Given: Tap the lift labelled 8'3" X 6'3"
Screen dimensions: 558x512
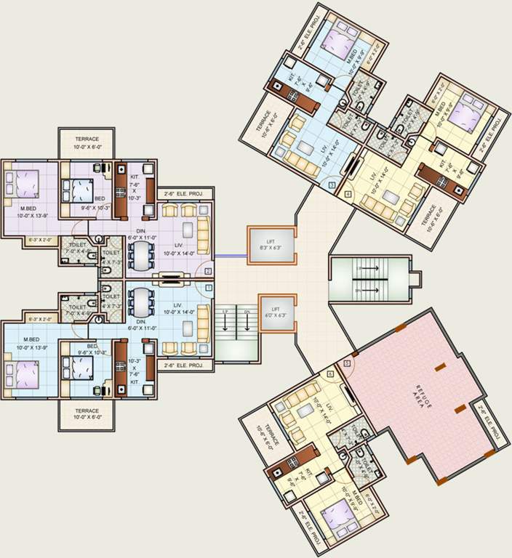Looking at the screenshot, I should pos(271,245).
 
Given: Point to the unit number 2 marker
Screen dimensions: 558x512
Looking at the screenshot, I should pos(208,271).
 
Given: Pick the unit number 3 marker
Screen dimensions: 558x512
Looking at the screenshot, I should pos(332,186).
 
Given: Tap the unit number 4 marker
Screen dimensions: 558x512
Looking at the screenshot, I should pos(348,195).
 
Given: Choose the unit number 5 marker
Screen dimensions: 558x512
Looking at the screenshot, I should pos(347,363).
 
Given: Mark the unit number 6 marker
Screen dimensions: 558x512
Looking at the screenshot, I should pos(331,373).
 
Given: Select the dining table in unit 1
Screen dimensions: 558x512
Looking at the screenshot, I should pos(140,304).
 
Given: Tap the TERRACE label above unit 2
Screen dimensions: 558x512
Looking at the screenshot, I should pos(87,142).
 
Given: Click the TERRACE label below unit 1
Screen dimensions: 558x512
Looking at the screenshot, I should pos(87,413).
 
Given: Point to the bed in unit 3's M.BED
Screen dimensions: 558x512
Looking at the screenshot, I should pos(335,40).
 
